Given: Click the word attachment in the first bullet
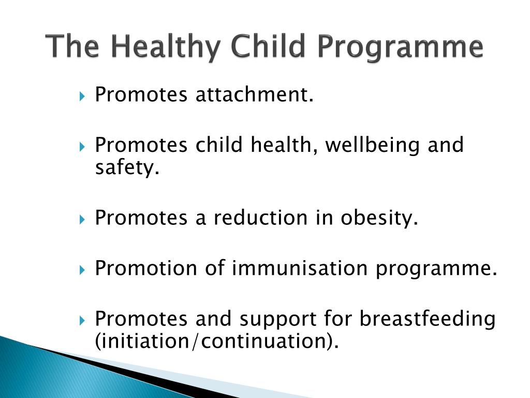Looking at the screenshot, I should (x=254, y=95).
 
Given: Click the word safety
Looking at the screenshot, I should (x=126, y=168).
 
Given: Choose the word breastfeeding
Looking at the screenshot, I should (x=428, y=319).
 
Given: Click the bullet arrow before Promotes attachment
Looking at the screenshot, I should (x=83, y=96).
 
